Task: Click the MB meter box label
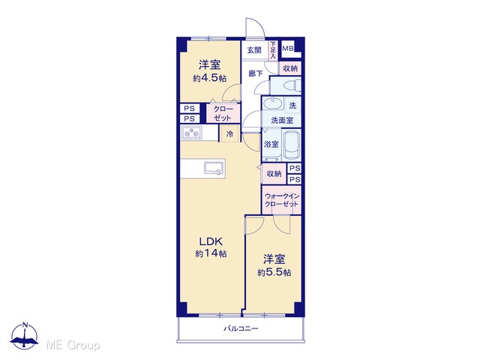tap(288, 48)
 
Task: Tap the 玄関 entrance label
tap(254, 50)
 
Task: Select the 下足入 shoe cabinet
tap(273, 50)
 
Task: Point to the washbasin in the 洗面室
tap(273, 103)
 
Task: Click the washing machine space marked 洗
tap(292, 106)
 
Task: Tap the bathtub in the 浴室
tap(292, 145)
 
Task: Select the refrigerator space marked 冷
tap(229, 133)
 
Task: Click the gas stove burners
tap(191, 133)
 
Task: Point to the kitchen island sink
tap(214, 168)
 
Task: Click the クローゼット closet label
tap(223, 113)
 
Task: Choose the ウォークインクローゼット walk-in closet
tap(281, 200)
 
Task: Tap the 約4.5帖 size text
tap(210, 78)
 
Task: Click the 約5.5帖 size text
tap(274, 272)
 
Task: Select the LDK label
tap(211, 241)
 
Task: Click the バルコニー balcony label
tap(241, 329)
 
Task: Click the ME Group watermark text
tap(73, 346)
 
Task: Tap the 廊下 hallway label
tap(255, 73)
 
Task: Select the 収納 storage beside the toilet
tap(290, 68)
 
